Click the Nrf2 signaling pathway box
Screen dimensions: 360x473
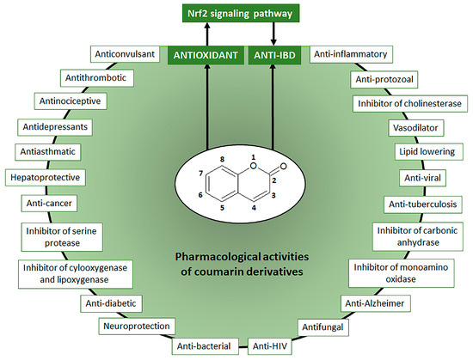pos(236,15)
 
